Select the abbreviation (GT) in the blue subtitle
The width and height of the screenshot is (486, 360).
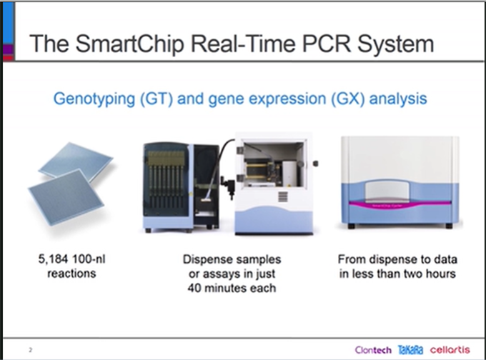157,99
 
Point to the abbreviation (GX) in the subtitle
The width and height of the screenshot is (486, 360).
347,99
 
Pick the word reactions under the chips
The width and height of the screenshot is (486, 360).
71,274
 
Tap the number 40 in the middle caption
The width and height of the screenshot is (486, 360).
194,288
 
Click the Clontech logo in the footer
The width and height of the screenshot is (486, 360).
373,350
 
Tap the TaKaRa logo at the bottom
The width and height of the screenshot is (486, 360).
410,350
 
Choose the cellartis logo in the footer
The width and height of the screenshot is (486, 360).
450,350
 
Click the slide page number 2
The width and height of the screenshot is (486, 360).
30,350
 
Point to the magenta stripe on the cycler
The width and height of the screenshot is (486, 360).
400,204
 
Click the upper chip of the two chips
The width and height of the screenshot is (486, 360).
76,161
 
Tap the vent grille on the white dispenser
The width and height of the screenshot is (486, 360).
282,196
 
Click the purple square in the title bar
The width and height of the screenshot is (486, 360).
8,49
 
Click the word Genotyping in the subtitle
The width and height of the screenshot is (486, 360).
94,99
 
